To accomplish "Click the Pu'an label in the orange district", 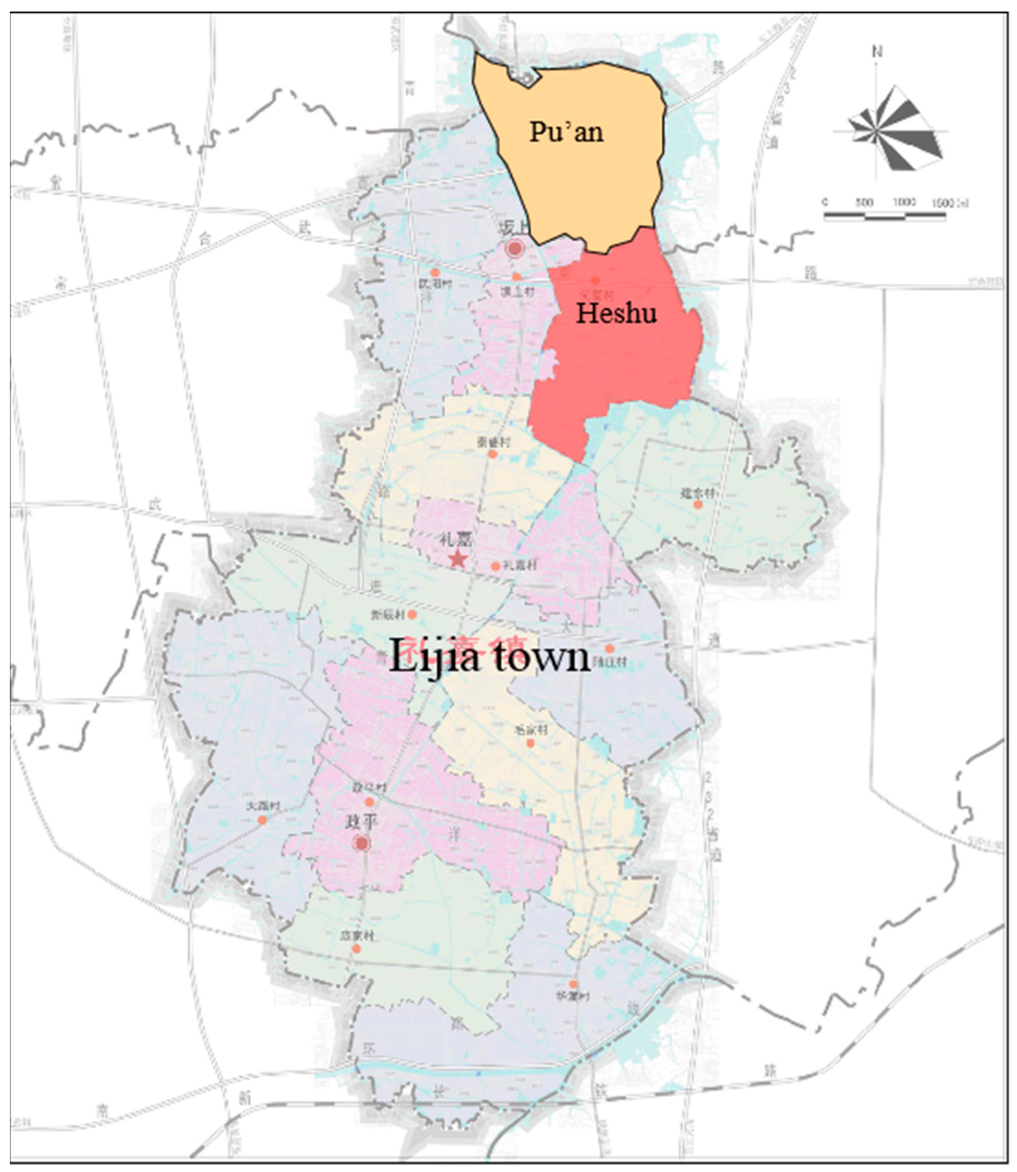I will point(566,132).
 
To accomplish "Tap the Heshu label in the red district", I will point(616,313).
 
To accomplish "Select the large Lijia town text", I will point(489,657).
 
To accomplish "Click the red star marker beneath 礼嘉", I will point(458,560).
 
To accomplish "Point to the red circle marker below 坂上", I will point(515,248).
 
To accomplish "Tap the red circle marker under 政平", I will point(362,843).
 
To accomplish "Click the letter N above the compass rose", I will point(878,52).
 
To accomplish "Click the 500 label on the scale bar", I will point(864,203).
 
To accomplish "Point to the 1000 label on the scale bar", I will point(904,203).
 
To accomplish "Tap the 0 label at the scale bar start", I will point(825,203).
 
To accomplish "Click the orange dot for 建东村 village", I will point(698,504).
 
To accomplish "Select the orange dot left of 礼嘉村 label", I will point(495,566).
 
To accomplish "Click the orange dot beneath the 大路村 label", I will point(262,820).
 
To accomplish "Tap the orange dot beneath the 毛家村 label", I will point(531,743).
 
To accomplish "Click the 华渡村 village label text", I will point(573,997).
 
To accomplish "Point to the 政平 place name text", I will point(362,822).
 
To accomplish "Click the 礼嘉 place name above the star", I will point(456,539).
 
